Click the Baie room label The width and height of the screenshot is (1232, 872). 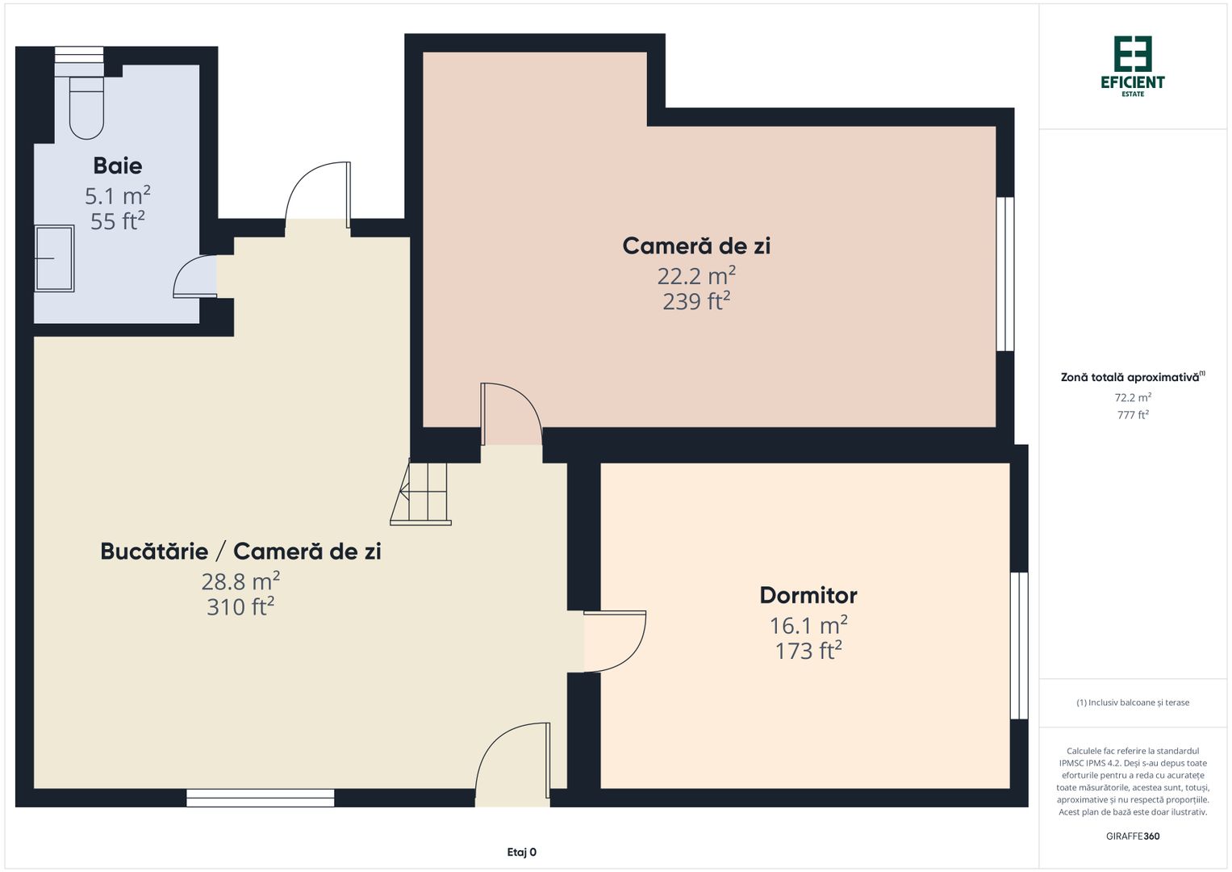coord(118,166)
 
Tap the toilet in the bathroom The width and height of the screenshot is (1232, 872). coord(86,108)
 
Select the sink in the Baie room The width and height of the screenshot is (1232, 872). coord(54,258)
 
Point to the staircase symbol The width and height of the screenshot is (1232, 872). coord(421,493)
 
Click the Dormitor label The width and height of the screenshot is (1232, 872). coord(808,595)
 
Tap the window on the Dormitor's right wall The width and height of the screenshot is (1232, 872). coord(1019,645)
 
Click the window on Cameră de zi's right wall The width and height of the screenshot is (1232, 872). coord(1004,274)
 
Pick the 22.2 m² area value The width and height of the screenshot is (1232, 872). coord(695,276)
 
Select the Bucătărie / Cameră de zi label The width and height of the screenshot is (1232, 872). coord(240,551)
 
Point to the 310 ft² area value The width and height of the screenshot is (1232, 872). coord(240,606)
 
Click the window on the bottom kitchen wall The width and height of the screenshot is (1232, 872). coord(260,798)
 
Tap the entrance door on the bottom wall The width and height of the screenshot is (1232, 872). coord(512,763)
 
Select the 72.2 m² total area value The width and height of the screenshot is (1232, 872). coord(1132,397)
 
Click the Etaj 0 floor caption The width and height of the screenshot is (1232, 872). coord(521,852)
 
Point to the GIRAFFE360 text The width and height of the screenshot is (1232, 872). coord(1132,836)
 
